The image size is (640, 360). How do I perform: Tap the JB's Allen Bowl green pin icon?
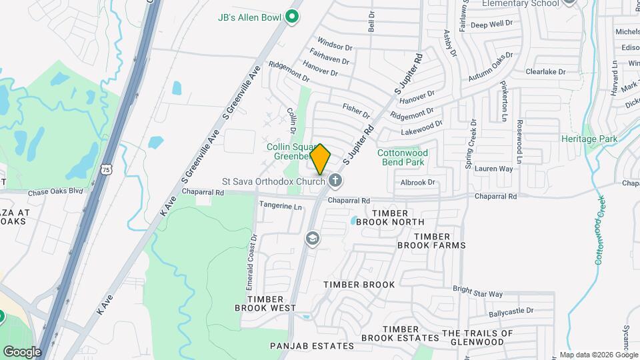291,17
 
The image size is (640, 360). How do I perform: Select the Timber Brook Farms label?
432,241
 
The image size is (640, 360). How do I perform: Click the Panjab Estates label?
311,346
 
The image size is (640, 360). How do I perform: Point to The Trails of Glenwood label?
477,337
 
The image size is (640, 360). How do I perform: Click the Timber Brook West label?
265,303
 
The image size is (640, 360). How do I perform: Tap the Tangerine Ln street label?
280,206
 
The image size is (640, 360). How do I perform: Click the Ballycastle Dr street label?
511,311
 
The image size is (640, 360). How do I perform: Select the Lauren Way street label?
494,169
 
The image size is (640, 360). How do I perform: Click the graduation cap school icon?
312,239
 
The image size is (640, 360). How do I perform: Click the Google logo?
21,352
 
